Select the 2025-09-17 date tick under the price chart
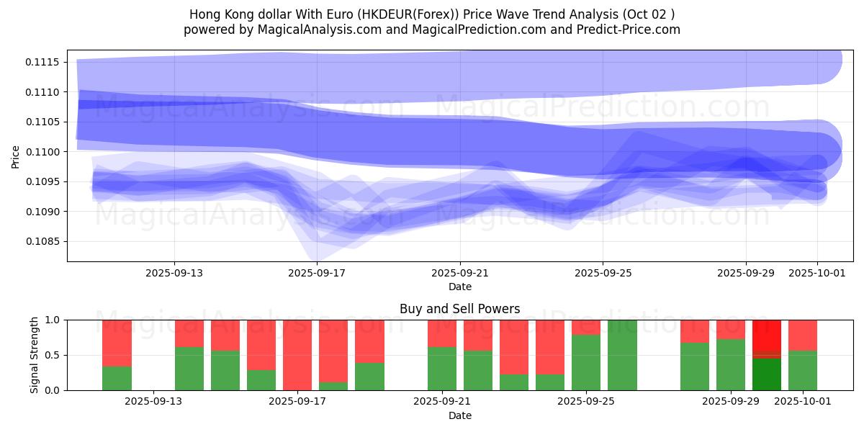coord(317,273)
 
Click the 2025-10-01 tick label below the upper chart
coord(816,273)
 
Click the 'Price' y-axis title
coord(16,156)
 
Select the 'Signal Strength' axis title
coord(35,355)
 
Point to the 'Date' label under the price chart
coord(460,287)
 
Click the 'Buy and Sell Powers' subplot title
coord(459,309)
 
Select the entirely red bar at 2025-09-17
coord(297,355)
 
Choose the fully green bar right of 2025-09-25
coord(622,355)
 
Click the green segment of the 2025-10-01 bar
coord(803,371)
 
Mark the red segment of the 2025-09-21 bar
coord(442,333)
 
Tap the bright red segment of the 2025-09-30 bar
coord(767,336)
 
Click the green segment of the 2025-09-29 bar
coord(731,365)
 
